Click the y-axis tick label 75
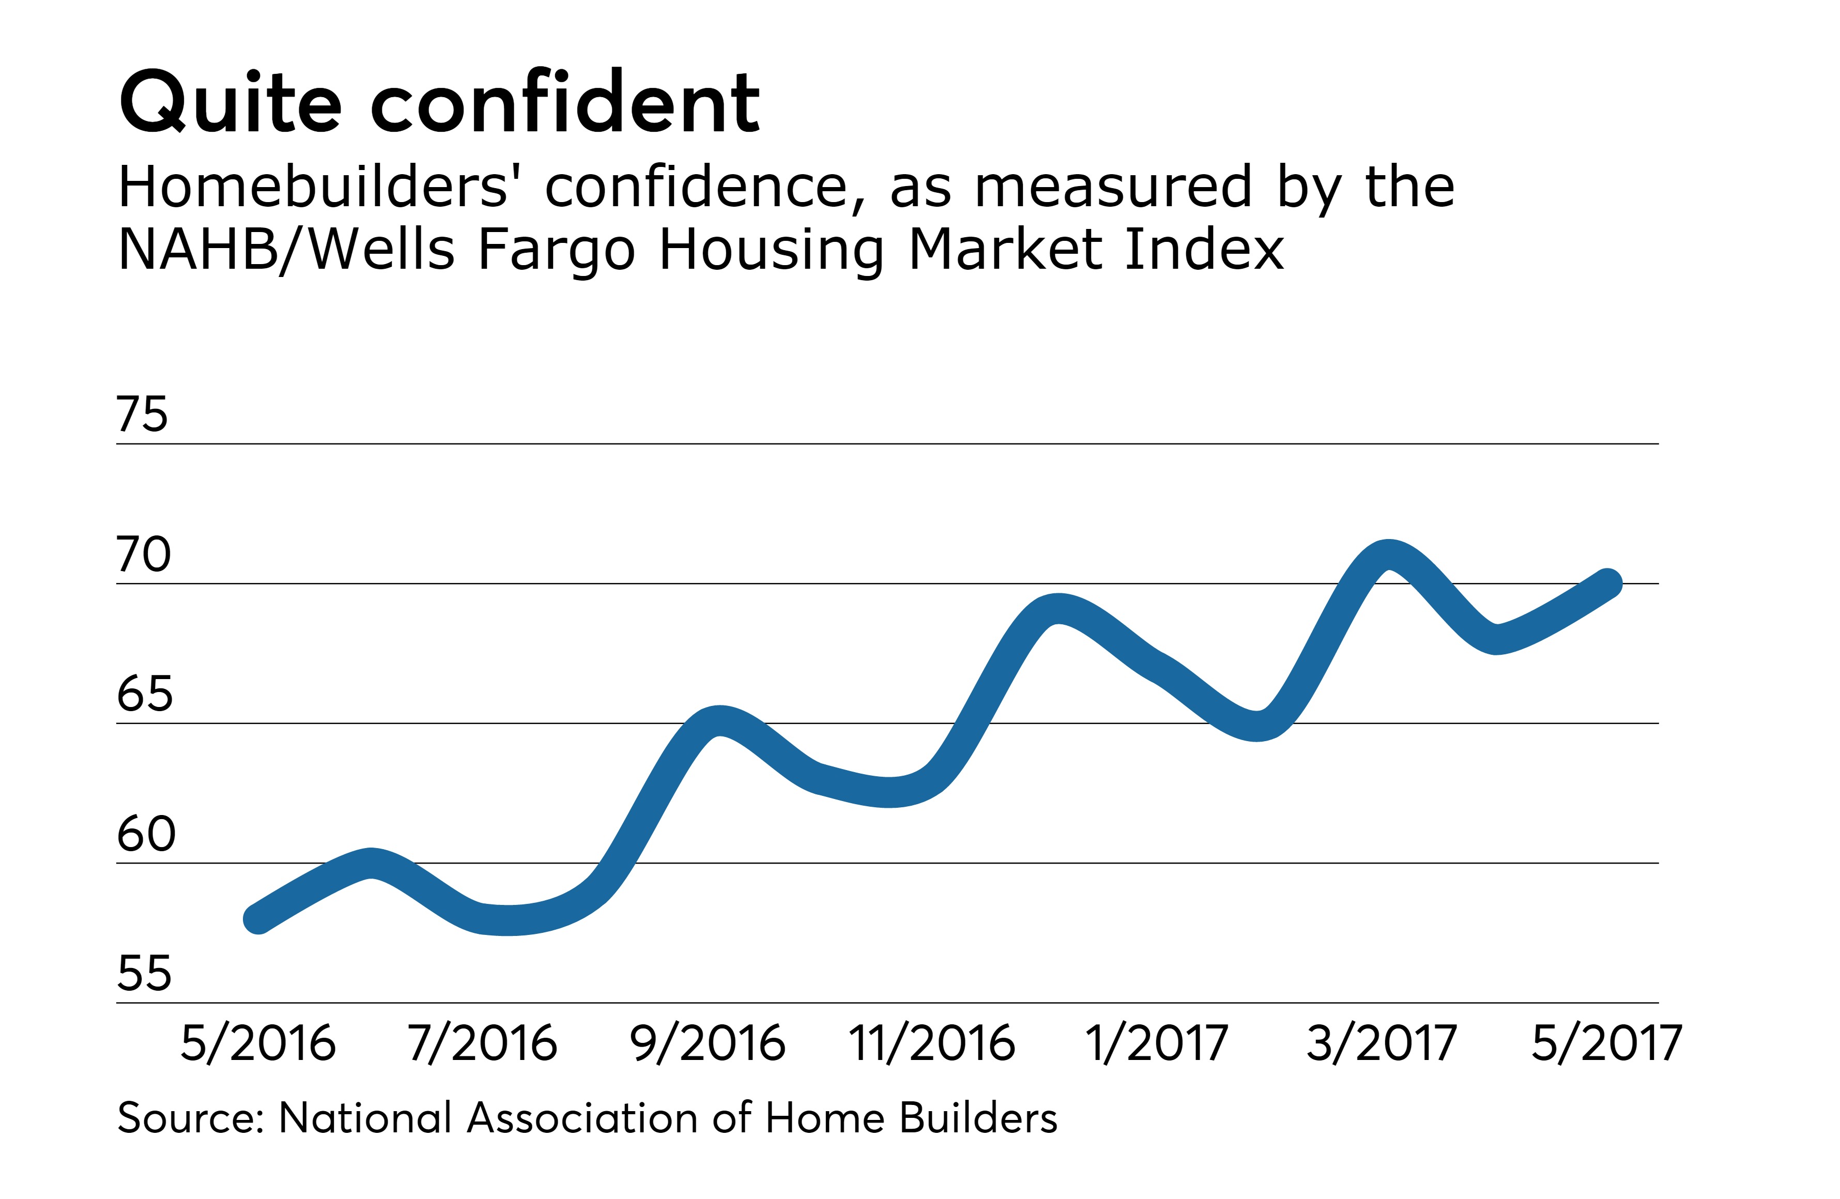click(142, 414)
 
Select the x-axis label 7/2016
click(482, 1043)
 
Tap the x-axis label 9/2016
click(708, 1043)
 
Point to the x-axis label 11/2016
click(931, 1043)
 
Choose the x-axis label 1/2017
click(1157, 1043)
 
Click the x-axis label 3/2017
click(1382, 1043)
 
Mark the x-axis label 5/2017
click(1606, 1043)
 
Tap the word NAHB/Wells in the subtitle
click(286, 250)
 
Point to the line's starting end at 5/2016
click(257, 919)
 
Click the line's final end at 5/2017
click(1607, 583)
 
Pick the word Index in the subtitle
click(1204, 250)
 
